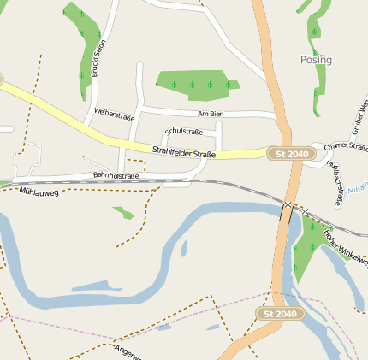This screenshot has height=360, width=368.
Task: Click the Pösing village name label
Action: pos(316,60)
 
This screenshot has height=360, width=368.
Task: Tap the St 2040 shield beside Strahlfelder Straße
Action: pos(291,153)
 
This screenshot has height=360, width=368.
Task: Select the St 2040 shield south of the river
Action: pos(280,314)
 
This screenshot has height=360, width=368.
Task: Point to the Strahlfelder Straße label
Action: pos(183,153)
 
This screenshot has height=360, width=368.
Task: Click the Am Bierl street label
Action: pos(210,114)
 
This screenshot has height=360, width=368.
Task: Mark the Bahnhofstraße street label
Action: pos(116,176)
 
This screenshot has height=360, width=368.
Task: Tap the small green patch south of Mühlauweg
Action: pos(123,212)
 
